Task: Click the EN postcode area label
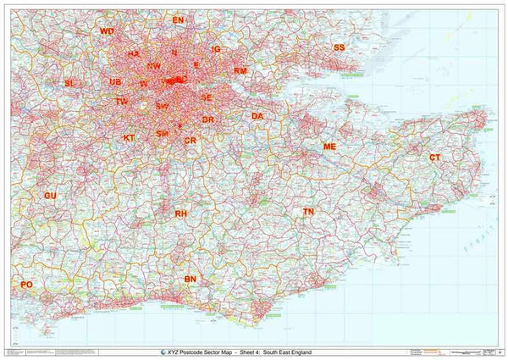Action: (178, 19)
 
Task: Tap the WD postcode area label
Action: (107, 31)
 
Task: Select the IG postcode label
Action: (216, 50)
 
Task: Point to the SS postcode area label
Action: (339, 47)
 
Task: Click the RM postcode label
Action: (240, 71)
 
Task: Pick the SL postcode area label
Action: (69, 83)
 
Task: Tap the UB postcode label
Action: (115, 82)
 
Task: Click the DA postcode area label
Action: (257, 116)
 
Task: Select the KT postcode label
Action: (129, 137)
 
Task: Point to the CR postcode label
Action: (190, 140)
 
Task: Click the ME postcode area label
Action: (330, 147)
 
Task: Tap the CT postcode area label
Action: (434, 158)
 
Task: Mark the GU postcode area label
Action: (50, 196)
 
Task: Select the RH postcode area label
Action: (180, 214)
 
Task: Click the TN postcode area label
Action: (308, 211)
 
